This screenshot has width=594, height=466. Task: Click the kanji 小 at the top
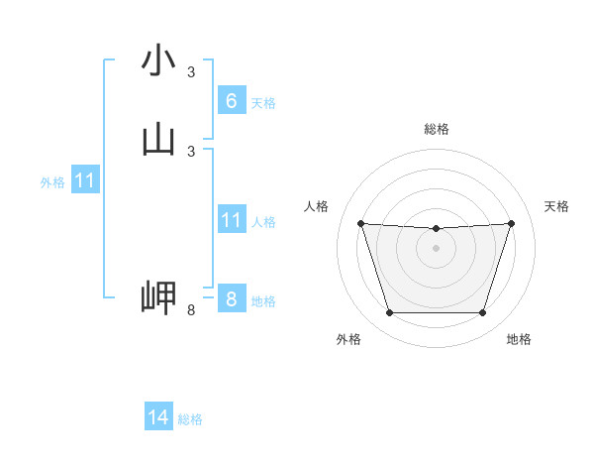(159, 61)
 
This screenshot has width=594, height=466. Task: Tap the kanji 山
(159, 140)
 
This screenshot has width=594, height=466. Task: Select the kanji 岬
(159, 297)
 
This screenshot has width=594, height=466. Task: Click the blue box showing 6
(232, 101)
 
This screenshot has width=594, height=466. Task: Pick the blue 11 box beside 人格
(232, 220)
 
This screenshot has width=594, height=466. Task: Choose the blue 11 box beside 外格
(85, 180)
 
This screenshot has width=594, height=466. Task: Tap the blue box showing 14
(158, 417)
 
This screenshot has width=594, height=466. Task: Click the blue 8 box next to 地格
(232, 299)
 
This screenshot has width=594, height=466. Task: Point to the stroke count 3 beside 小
(191, 72)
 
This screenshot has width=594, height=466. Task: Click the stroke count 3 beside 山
(191, 151)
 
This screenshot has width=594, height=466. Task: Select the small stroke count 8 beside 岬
(191, 310)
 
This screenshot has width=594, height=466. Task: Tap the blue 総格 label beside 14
(190, 419)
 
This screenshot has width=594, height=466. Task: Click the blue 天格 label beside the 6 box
(263, 103)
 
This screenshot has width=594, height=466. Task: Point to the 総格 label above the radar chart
(437, 129)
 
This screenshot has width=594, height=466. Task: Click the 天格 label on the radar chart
(556, 206)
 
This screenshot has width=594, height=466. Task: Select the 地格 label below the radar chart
(519, 339)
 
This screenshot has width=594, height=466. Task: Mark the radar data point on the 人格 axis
(360, 223)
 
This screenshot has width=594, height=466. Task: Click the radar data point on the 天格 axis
(511, 223)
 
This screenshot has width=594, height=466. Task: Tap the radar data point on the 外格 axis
(389, 313)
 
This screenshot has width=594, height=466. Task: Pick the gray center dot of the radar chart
(436, 248)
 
